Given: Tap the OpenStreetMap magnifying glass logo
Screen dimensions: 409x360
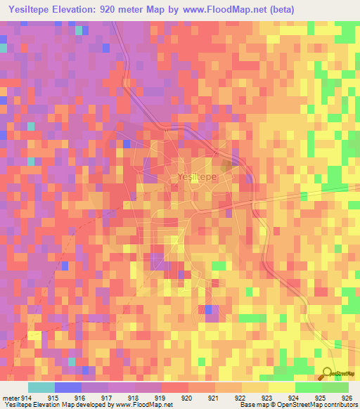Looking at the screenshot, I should pos(328,374).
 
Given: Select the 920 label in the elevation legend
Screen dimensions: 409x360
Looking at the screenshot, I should pos(187,398).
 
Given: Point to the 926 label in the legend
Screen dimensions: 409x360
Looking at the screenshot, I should pos(347,398).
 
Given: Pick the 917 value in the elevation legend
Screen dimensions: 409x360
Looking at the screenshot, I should pos(107,398).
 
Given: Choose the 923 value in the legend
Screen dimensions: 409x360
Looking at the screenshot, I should pos(266,398).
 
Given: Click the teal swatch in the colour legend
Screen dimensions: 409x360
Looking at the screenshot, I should pos(41,387).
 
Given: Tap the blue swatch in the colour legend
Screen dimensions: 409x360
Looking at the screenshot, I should pos(68,387).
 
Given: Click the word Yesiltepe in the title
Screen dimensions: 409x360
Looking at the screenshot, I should pos(33,9).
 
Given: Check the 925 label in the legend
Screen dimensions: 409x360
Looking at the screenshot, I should pos(320,398).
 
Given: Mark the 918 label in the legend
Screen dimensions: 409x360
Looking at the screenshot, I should pos(134,398).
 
